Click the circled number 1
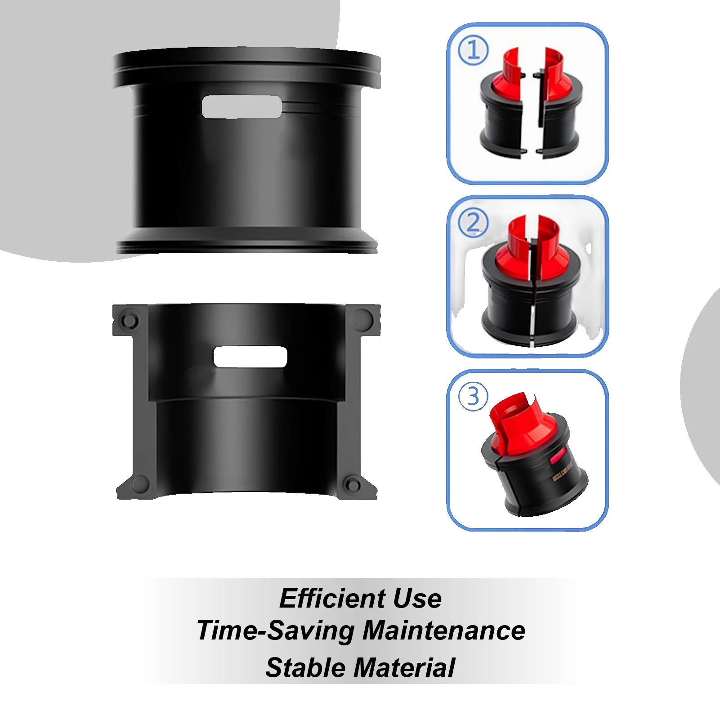473,50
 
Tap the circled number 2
473,223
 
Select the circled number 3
473,396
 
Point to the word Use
417,599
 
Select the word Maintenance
444,631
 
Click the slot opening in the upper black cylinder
241,107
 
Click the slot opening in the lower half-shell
250,357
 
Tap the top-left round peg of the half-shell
130,321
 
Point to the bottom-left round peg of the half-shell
140,484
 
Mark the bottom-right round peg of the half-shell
352,485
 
